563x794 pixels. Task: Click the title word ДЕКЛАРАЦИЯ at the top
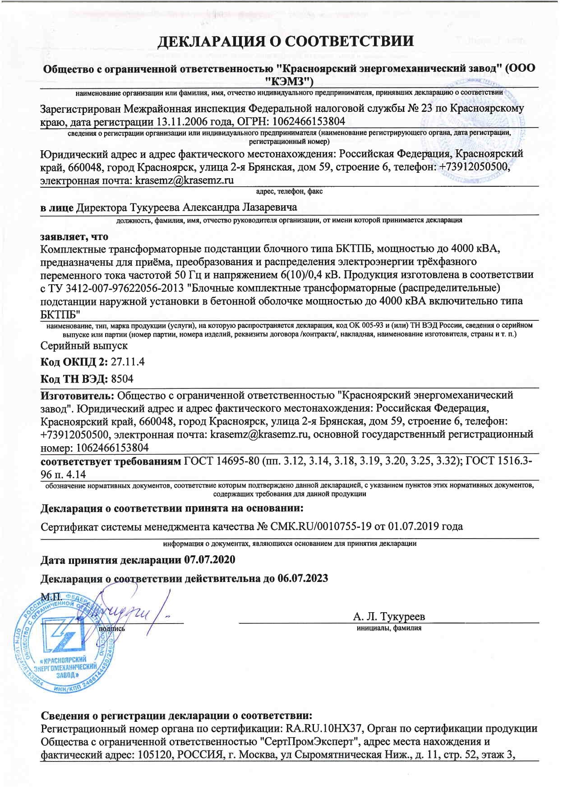point(213,42)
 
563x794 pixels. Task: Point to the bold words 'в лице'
point(57,208)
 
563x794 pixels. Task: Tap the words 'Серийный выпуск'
point(84,346)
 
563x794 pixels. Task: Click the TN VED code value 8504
point(122,379)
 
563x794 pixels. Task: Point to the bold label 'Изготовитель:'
point(77,396)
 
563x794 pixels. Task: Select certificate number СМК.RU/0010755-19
point(320,526)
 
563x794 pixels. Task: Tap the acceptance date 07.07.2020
point(210,560)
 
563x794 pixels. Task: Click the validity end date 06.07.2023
point(302,578)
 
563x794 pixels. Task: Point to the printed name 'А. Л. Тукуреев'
point(388,617)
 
